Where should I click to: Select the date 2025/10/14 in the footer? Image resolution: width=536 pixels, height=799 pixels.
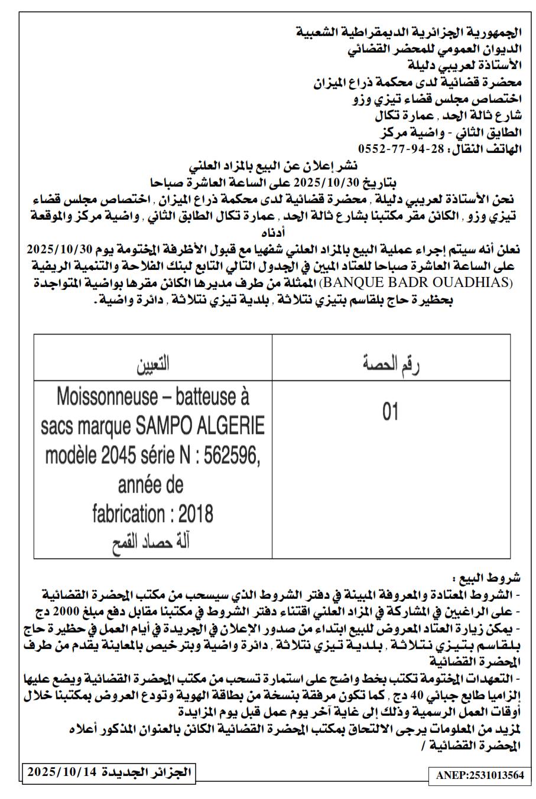coord(61,772)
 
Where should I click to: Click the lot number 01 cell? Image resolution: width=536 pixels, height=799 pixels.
coord(391,412)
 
